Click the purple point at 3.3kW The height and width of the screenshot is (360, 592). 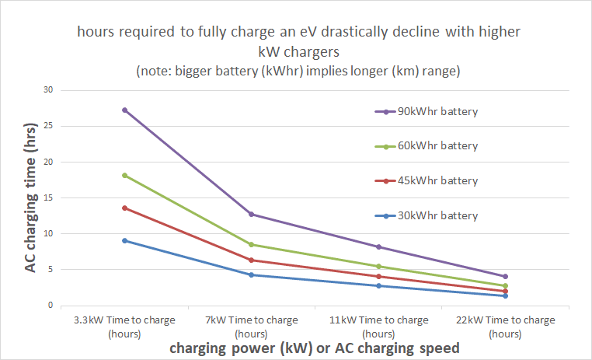tap(124, 110)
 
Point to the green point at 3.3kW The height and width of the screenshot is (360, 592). tap(124, 175)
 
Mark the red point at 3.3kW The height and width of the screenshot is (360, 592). tap(124, 208)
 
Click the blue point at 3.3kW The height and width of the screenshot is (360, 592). tap(124, 240)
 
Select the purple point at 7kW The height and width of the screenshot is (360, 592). tap(251, 214)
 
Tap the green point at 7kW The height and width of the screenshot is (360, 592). tap(251, 244)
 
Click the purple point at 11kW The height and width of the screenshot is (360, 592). tap(378, 246)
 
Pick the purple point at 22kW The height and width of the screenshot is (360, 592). tap(505, 276)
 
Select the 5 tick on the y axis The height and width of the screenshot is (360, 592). tap(50, 270)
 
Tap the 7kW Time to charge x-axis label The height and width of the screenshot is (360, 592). tap(251, 326)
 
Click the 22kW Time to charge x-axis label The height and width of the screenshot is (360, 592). tap(505, 326)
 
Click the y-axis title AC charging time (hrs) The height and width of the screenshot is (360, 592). tap(30, 197)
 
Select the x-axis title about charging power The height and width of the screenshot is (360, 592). tap(315, 348)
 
